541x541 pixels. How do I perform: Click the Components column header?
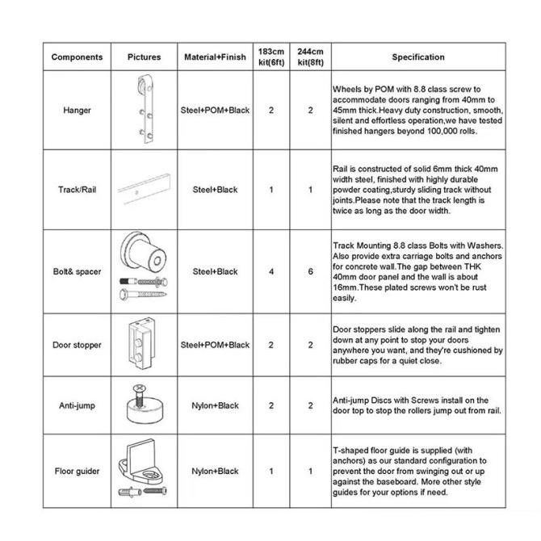point(77,57)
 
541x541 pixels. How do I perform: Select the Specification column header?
point(417,57)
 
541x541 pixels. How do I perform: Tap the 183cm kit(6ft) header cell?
point(271,57)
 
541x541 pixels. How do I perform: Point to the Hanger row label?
point(77,111)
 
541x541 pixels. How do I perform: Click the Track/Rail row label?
point(77,190)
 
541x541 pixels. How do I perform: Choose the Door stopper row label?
point(77,345)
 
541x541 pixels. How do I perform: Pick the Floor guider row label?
point(77,471)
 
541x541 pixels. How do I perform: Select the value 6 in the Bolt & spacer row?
point(310,272)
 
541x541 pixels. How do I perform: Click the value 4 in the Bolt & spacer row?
point(271,272)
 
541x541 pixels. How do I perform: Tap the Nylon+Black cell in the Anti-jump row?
point(216,405)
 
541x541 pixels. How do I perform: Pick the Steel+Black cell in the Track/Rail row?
point(216,190)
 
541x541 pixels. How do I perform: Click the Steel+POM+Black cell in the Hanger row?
point(216,111)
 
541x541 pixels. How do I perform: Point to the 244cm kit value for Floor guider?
point(310,471)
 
